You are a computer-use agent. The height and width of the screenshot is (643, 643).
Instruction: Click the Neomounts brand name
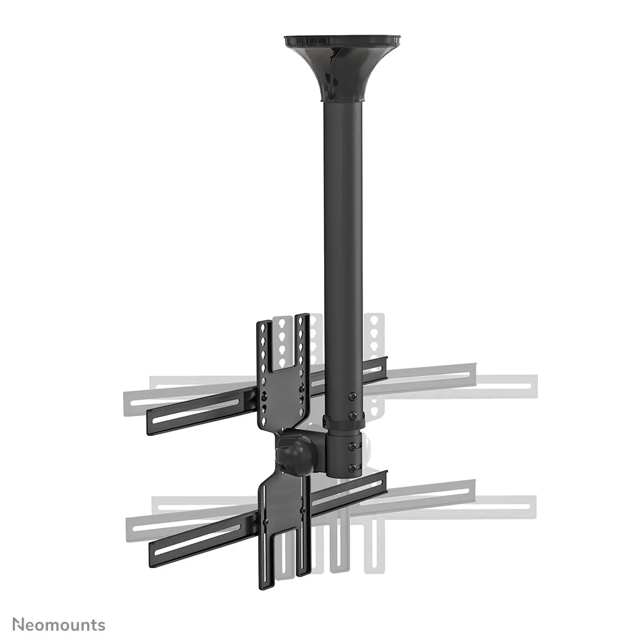[x=58, y=624]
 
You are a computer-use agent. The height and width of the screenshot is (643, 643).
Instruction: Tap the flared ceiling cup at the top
[x=342, y=64]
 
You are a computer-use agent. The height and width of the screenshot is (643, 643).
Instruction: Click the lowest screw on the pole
[x=351, y=468]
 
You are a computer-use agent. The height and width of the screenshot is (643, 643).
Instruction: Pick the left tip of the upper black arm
[x=151, y=423]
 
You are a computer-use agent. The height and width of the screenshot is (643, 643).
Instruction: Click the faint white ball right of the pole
[x=366, y=448]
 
